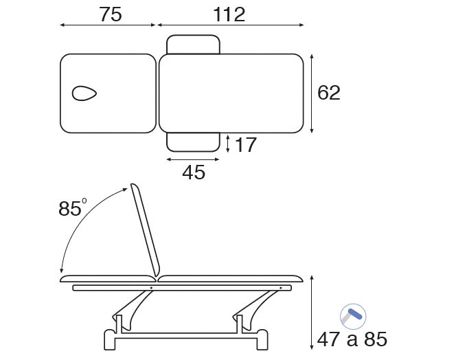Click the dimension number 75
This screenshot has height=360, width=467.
110,14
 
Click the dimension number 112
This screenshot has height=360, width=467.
229,14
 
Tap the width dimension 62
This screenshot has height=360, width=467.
328,93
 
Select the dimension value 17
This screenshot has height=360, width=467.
245,145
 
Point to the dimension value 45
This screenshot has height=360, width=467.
194,172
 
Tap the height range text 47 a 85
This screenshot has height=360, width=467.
352,339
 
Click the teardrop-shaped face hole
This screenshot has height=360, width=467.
84,93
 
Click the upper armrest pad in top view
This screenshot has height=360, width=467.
193,45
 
